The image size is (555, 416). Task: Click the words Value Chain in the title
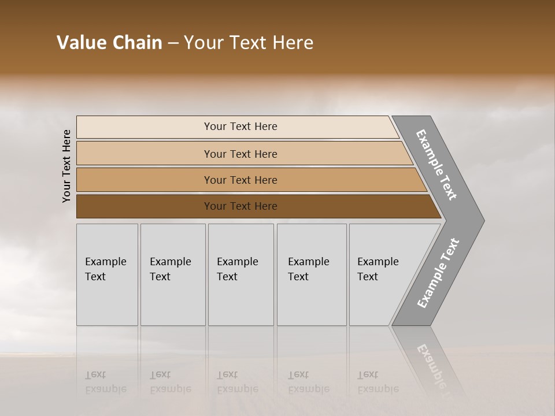coord(109,43)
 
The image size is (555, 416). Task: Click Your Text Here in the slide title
coord(249,43)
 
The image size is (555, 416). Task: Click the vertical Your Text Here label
coord(66,166)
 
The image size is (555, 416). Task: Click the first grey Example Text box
coord(107,274)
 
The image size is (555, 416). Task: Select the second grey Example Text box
coord(172,274)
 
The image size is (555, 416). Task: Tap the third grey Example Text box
coord(240,274)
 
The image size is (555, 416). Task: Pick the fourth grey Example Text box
coord(311,274)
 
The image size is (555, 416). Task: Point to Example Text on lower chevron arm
coord(438,273)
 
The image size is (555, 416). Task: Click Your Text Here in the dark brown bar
coord(240,206)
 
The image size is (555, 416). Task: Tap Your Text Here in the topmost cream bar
coord(240,127)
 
